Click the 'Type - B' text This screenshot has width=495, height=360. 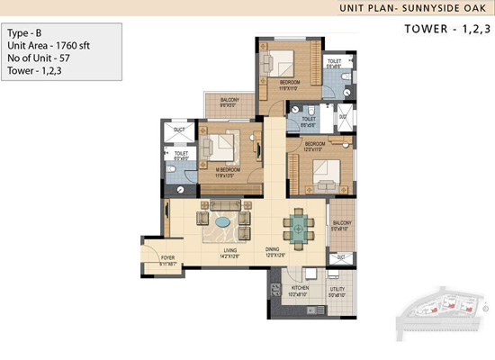point(27,31)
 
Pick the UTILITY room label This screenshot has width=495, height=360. point(337,289)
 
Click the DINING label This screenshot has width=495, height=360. point(274,251)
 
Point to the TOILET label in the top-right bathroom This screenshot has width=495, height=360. point(333,61)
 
